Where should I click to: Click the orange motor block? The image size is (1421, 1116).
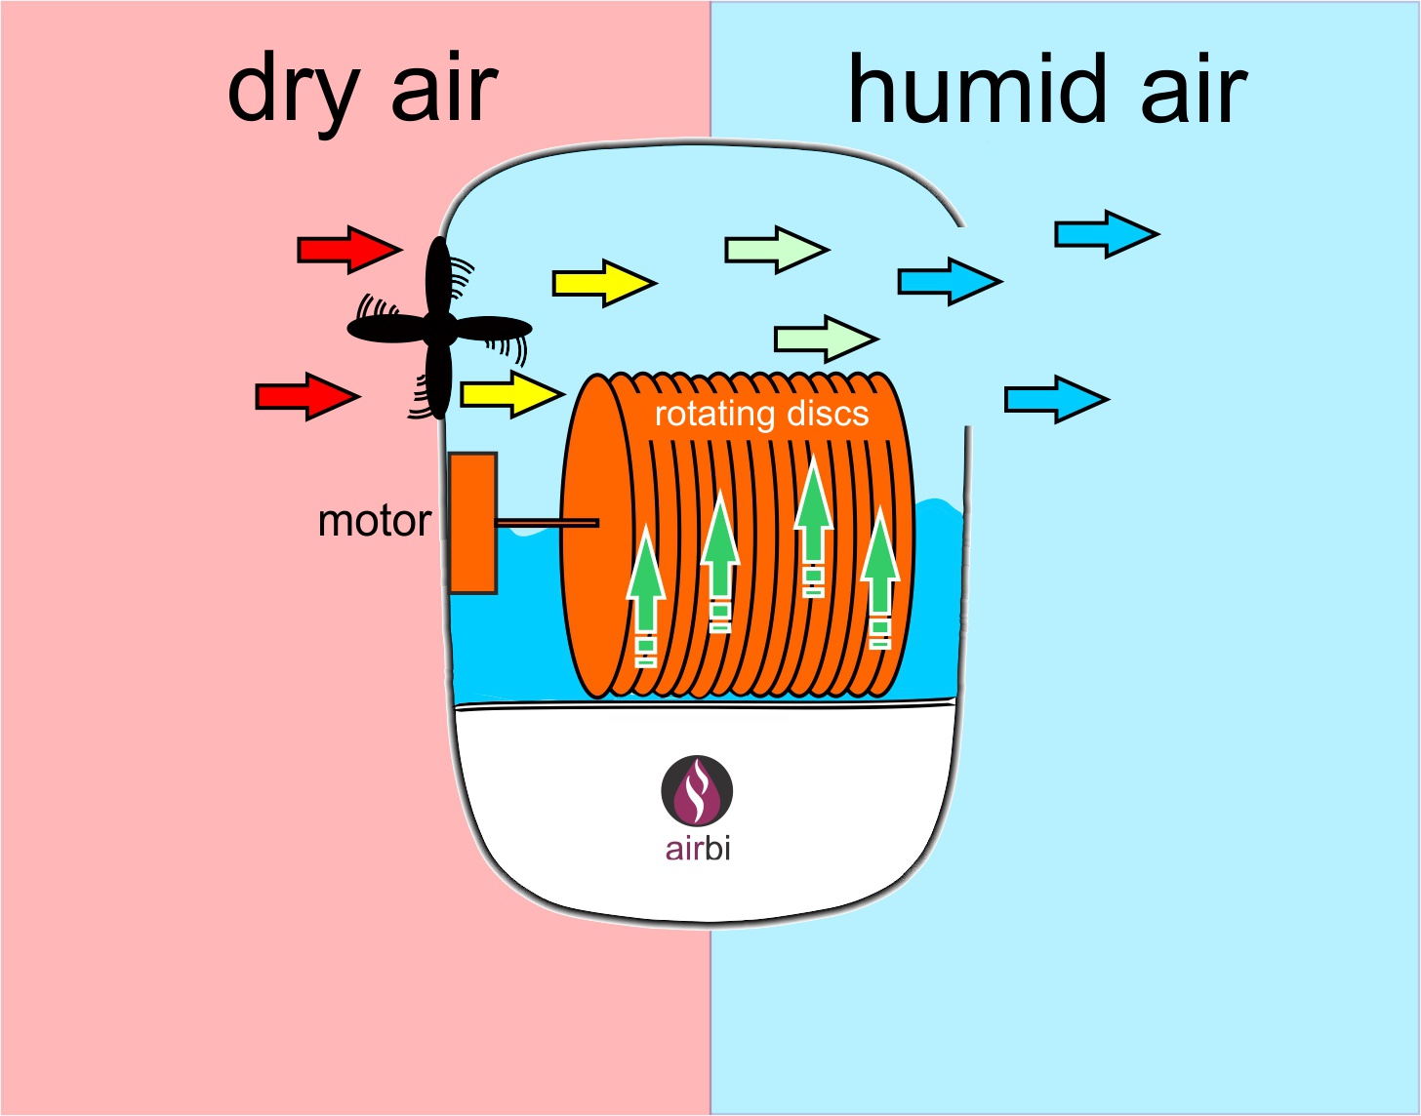472,523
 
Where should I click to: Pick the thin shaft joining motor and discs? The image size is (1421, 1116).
548,523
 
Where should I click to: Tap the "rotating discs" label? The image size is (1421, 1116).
762,414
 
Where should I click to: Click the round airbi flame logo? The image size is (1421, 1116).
697,790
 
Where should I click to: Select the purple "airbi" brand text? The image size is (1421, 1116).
698,849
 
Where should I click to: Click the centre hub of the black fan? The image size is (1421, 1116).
438,328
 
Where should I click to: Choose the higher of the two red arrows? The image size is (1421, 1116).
349,250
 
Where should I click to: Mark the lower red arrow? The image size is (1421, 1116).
307,397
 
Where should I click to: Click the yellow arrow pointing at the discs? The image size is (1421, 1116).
512,393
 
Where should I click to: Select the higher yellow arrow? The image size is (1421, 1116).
605,284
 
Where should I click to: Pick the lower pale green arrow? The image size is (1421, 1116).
827,339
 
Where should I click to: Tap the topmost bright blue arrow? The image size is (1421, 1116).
1107,234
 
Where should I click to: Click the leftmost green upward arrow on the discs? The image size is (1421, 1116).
646,595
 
